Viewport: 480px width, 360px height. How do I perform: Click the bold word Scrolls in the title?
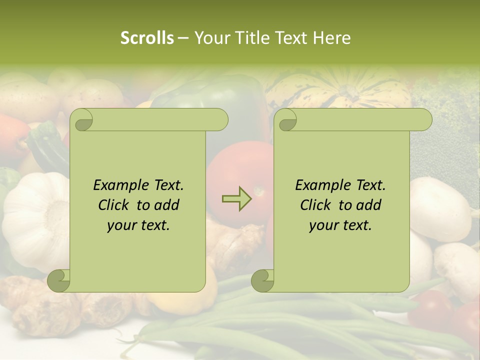tap(147, 38)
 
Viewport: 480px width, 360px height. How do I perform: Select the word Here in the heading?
tap(332, 38)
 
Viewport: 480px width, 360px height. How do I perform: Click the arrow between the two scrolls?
tap(237, 198)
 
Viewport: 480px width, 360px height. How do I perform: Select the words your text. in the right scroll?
tap(340, 225)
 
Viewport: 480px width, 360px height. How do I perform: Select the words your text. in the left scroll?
tap(138, 225)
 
